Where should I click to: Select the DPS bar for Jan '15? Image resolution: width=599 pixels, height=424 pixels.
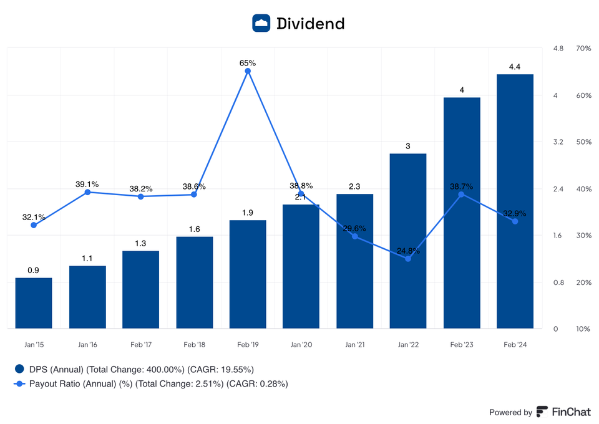click(34, 303)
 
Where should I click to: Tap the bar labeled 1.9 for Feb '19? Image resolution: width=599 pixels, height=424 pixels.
click(248, 274)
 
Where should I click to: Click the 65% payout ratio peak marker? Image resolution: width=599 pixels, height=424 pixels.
click(248, 71)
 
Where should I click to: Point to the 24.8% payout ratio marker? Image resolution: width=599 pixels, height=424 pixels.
click(408, 259)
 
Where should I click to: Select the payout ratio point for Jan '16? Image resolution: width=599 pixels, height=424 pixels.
click(87, 192)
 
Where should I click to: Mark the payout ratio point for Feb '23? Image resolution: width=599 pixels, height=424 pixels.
click(461, 195)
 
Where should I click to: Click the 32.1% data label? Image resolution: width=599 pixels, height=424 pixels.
click(34, 217)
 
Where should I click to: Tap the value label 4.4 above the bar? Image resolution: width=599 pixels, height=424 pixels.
click(515, 67)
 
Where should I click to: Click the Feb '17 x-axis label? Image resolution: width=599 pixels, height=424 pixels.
click(140, 344)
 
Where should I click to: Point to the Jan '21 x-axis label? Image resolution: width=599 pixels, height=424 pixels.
click(354, 344)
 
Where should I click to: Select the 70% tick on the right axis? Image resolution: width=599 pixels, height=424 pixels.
click(583, 49)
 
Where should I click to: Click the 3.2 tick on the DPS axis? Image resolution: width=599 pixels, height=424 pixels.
click(558, 142)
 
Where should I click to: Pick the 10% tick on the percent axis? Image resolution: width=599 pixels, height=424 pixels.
click(583, 329)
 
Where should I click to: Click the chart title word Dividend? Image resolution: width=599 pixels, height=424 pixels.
click(310, 24)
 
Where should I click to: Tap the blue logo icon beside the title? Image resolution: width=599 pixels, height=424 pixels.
click(261, 24)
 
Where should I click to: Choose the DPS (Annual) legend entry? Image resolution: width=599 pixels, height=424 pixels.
click(134, 369)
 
